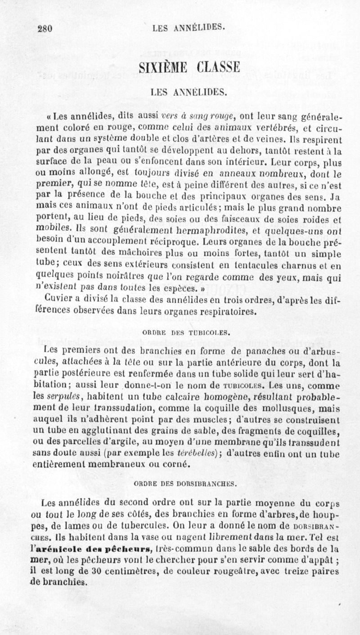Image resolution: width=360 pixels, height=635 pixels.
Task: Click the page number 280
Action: pyautogui.click(x=45, y=28)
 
